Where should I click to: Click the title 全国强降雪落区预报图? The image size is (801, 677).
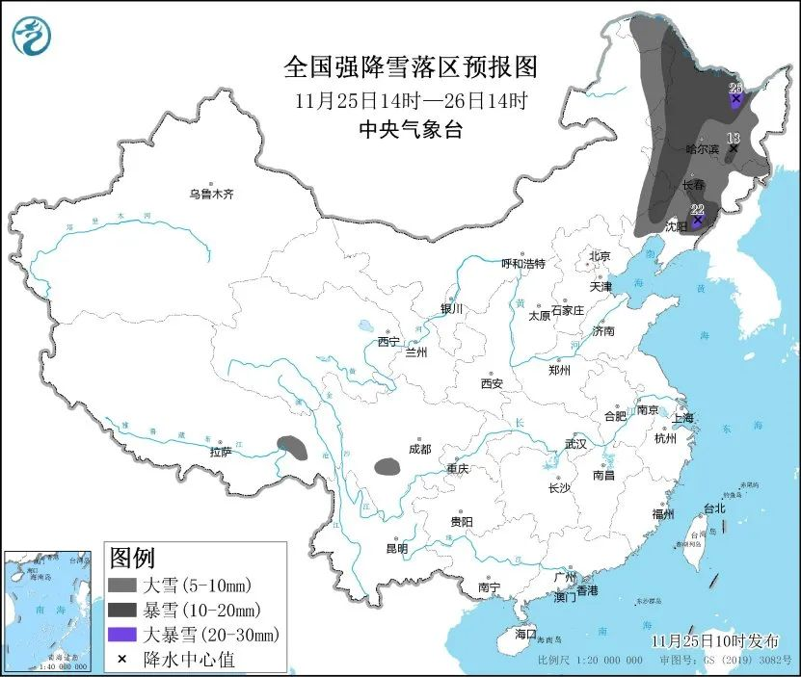point(410,67)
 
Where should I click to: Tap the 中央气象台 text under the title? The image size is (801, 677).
point(410,129)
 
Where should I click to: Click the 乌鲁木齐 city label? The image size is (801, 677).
point(211,194)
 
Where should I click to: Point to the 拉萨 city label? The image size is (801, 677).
point(220,452)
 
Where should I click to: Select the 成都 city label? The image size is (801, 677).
point(419,449)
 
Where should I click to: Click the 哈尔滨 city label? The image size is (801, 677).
point(702,149)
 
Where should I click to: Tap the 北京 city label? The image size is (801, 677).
point(600,256)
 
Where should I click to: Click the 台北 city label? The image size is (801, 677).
point(713,508)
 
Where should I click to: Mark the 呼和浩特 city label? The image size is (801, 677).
point(523,264)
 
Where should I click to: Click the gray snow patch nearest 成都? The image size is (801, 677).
point(387,467)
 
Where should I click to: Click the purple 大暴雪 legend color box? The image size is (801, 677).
point(121,635)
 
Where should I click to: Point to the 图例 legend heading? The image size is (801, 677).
point(132,557)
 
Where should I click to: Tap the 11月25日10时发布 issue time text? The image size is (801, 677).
point(714,640)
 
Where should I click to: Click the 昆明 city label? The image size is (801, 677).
point(396,549)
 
